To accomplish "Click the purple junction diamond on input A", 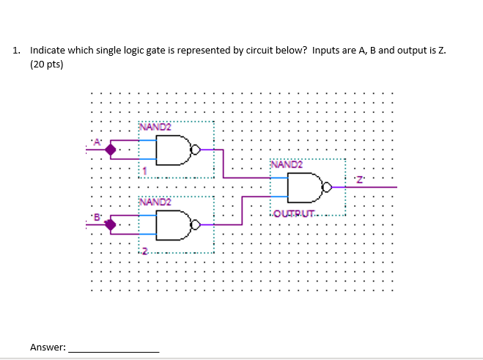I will (x=111, y=150).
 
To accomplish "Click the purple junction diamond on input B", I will (x=111, y=224).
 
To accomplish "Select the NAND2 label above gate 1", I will (x=155, y=128).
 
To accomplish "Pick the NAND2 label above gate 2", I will (x=155, y=201).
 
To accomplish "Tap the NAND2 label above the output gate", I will (x=287, y=164).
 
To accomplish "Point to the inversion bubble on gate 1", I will (x=194, y=150).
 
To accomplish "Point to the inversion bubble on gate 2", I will (x=194, y=224).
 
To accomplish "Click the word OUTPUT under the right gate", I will (x=293, y=213).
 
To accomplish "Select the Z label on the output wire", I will (x=359, y=180).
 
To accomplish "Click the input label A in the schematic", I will (x=95, y=142).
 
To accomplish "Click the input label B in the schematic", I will (x=95, y=216).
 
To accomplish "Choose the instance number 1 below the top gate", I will (x=144, y=172).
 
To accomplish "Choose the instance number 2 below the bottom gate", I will (x=144, y=251).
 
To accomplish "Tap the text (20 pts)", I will (x=47, y=65).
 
